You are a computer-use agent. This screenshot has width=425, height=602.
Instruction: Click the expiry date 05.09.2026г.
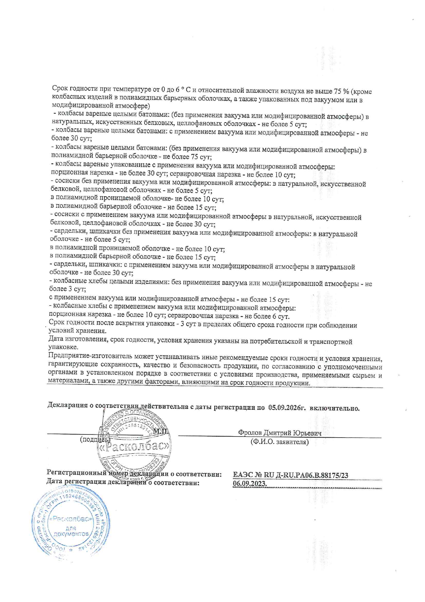click(287, 408)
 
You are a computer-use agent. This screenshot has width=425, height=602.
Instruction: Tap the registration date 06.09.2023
click(250, 484)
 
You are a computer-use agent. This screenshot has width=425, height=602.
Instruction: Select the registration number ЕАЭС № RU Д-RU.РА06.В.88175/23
click(291, 475)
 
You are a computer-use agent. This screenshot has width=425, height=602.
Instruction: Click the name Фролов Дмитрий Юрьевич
click(280, 433)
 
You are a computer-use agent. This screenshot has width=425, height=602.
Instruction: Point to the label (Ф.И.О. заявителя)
click(279, 442)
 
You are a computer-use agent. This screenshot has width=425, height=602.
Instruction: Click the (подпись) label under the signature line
click(95, 439)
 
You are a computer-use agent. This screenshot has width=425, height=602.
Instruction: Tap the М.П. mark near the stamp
click(161, 431)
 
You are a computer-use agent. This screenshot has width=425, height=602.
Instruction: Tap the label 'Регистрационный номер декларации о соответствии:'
click(134, 474)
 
